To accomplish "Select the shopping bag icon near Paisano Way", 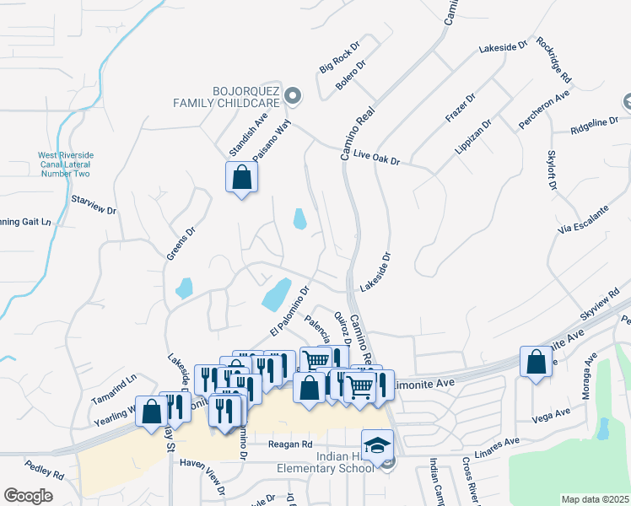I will click(x=241, y=178).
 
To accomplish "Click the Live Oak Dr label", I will click(x=376, y=157).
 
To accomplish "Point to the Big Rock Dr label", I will click(x=341, y=58).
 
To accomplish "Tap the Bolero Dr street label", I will click(x=351, y=77).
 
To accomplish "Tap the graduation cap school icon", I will click(x=377, y=444).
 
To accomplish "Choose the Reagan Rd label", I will click(x=289, y=444).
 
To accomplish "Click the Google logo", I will click(x=28, y=496).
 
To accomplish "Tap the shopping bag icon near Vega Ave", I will click(x=536, y=363).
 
